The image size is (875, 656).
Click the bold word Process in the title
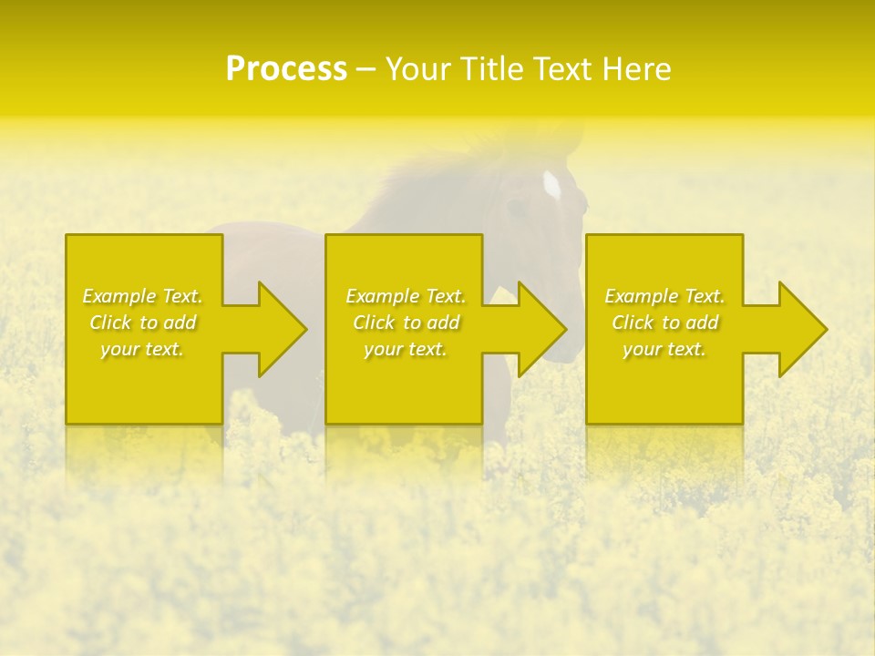pyautogui.click(x=286, y=69)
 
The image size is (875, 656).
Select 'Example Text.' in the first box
pyautogui.click(x=143, y=296)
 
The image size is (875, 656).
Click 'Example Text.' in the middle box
pyautogui.click(x=406, y=296)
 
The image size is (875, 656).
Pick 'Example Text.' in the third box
pyautogui.click(x=664, y=296)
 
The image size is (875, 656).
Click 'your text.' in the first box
pyautogui.click(x=143, y=349)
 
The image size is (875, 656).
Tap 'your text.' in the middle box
pyautogui.click(x=406, y=349)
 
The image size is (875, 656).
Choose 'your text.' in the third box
pyautogui.click(x=664, y=349)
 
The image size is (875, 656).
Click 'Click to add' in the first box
pyautogui.click(x=143, y=323)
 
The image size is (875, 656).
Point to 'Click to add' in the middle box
pyautogui.click(x=406, y=323)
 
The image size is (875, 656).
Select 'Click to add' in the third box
pyautogui.click(x=664, y=323)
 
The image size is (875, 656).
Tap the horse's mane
pyautogui.click(x=428, y=182)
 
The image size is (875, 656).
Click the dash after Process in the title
pyautogui.click(x=366, y=70)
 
